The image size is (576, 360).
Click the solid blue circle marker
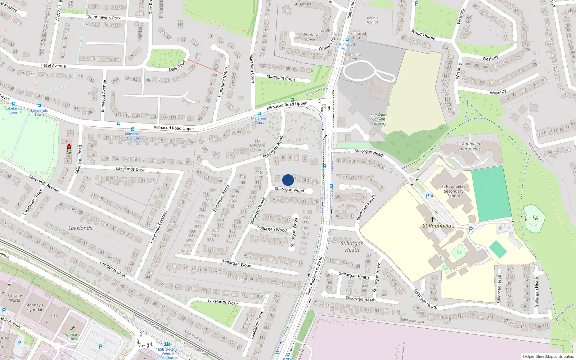click(288, 180)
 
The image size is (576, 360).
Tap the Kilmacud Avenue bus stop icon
click(133, 129)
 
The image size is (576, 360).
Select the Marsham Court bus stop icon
click(259, 114)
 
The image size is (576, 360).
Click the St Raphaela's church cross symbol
click(433, 219)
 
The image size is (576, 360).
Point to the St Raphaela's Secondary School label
click(454, 191)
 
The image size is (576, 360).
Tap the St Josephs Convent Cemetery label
click(378, 119)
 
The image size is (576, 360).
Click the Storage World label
click(15, 298)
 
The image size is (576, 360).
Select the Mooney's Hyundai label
click(34, 307)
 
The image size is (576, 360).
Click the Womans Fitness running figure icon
click(73, 328)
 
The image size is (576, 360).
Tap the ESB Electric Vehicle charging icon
click(167, 344)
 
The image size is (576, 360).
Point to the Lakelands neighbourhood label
click(80, 228)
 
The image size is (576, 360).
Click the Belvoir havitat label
click(372, 20)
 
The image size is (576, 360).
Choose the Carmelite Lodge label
click(352, 57)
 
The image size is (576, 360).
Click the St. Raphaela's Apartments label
click(469, 146)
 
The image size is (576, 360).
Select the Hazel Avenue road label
click(53, 66)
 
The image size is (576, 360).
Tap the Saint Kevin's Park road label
click(104, 17)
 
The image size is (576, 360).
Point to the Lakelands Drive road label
click(131, 168)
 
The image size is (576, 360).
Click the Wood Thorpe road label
click(423, 35)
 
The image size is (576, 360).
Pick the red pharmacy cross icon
click(69, 147)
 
